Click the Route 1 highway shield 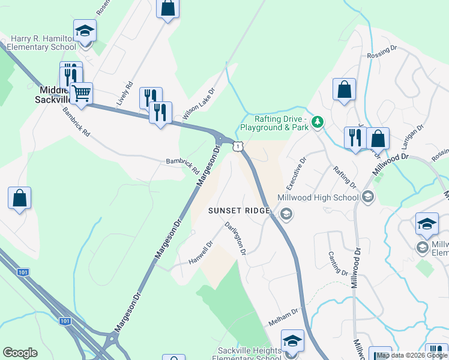point(238,146)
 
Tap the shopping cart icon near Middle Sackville point(81,94)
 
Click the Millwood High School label point(318,197)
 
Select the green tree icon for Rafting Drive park point(318,122)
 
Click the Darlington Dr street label point(235,238)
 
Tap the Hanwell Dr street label point(201,253)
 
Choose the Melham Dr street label point(283,317)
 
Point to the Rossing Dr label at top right point(382,55)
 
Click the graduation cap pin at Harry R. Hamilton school point(85,31)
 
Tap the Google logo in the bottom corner point(20,353)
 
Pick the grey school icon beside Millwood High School point(367,196)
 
